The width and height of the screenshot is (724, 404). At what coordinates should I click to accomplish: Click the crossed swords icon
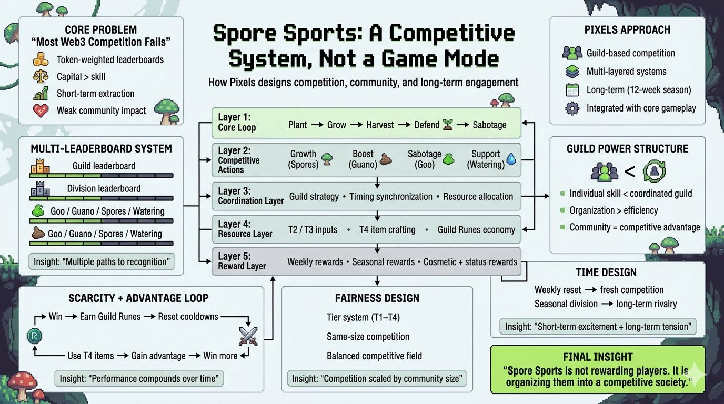(247, 336)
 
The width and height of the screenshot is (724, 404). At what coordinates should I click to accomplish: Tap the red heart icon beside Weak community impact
(41, 110)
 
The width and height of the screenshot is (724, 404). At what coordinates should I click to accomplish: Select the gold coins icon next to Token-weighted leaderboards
(41, 59)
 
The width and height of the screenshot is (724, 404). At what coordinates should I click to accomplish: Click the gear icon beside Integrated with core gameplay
(572, 108)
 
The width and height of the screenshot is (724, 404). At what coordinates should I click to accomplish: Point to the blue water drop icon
(511, 159)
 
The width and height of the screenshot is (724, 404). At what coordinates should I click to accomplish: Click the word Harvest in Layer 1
(380, 125)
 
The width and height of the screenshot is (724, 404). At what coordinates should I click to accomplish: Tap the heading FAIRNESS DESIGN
(377, 298)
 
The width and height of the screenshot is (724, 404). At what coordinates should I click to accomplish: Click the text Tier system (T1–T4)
(363, 317)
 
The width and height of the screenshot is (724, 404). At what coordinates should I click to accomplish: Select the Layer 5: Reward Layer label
(242, 261)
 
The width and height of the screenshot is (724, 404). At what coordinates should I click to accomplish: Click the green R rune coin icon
(34, 336)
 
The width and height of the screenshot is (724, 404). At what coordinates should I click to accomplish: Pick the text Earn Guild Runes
(110, 317)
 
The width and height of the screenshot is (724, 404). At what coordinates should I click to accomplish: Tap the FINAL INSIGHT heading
(598, 357)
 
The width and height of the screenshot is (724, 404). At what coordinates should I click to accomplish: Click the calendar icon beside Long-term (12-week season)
(572, 90)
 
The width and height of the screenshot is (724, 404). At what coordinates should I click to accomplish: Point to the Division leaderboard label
(104, 188)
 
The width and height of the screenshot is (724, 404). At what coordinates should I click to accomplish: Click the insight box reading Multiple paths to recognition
(102, 261)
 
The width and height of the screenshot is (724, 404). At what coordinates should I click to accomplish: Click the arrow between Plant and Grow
(317, 125)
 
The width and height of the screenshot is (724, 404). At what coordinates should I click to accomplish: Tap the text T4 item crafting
(387, 229)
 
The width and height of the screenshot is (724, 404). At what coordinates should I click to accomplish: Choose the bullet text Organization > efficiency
(614, 210)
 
